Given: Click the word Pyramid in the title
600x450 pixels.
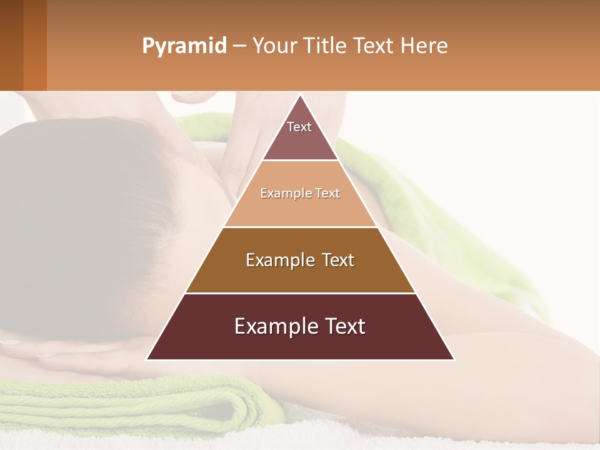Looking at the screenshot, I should click(x=184, y=46).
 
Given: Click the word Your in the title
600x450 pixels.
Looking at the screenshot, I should click(x=272, y=46).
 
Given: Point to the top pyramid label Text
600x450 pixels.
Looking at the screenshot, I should click(x=299, y=127).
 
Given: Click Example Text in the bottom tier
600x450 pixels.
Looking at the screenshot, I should click(x=300, y=326).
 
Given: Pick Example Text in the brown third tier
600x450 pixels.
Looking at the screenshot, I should click(x=300, y=260).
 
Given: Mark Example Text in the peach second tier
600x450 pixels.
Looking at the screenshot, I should click(x=300, y=193).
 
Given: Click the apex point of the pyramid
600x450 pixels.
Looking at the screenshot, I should click(x=300, y=96).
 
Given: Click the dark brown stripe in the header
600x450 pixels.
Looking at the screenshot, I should click(x=11, y=45).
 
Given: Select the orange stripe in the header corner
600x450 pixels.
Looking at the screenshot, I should click(x=35, y=45).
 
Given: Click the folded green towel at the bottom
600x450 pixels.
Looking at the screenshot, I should click(x=125, y=406).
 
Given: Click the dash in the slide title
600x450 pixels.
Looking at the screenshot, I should click(x=239, y=46).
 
